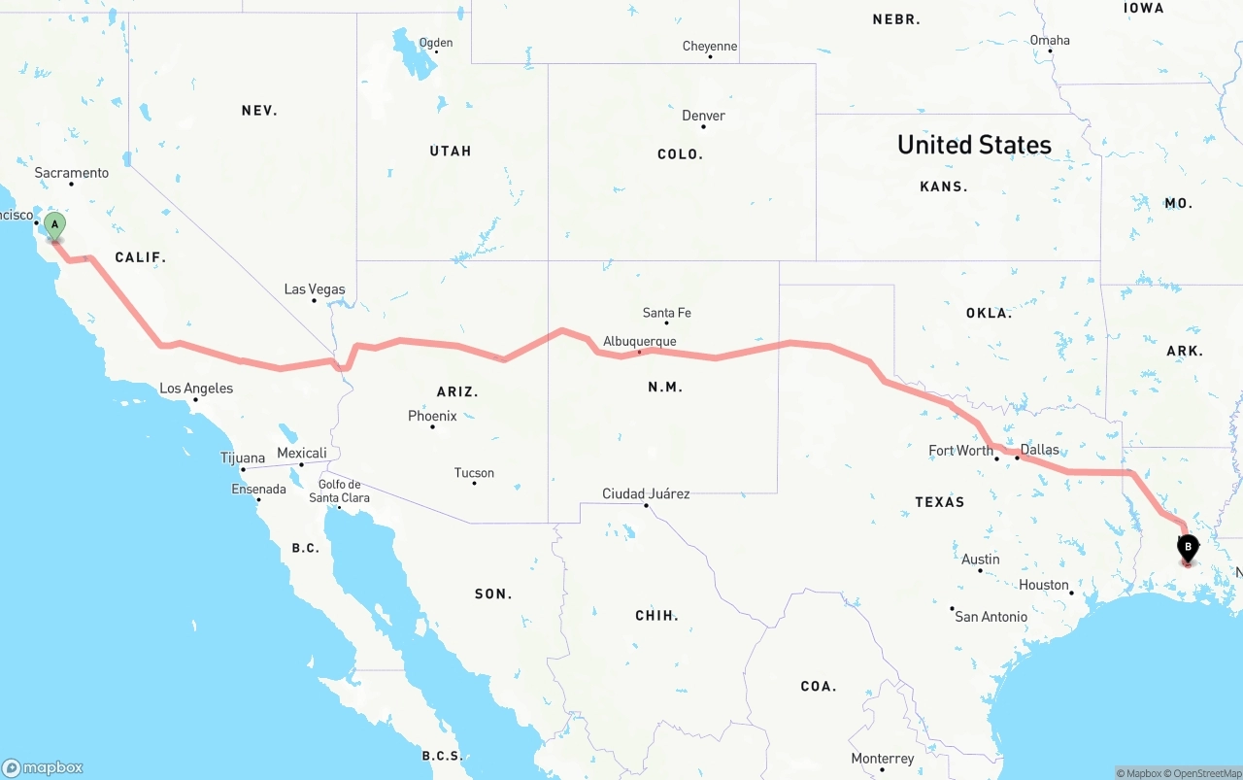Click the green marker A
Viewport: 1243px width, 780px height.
(x=55, y=225)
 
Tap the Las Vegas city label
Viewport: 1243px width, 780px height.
(x=314, y=289)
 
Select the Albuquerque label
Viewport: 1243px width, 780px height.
(x=639, y=341)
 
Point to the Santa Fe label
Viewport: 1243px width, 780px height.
(x=666, y=313)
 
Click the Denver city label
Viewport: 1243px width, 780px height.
(x=703, y=116)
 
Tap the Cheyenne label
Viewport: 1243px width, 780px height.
(x=709, y=46)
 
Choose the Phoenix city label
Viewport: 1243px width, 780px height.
(x=432, y=416)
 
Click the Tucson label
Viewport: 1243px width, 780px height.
(x=474, y=473)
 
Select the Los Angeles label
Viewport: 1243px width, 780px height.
(x=196, y=389)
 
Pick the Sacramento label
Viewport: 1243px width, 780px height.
(x=72, y=173)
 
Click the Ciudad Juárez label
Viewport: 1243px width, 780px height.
(x=646, y=493)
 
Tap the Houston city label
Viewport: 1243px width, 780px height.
(x=1044, y=585)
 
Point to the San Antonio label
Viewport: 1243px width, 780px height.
(x=991, y=617)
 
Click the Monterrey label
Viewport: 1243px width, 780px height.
(x=882, y=759)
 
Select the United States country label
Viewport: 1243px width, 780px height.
(x=974, y=145)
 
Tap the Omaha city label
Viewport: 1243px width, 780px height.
(x=1050, y=40)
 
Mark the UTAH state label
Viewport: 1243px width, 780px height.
(x=451, y=151)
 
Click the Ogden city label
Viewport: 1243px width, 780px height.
(x=435, y=43)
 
